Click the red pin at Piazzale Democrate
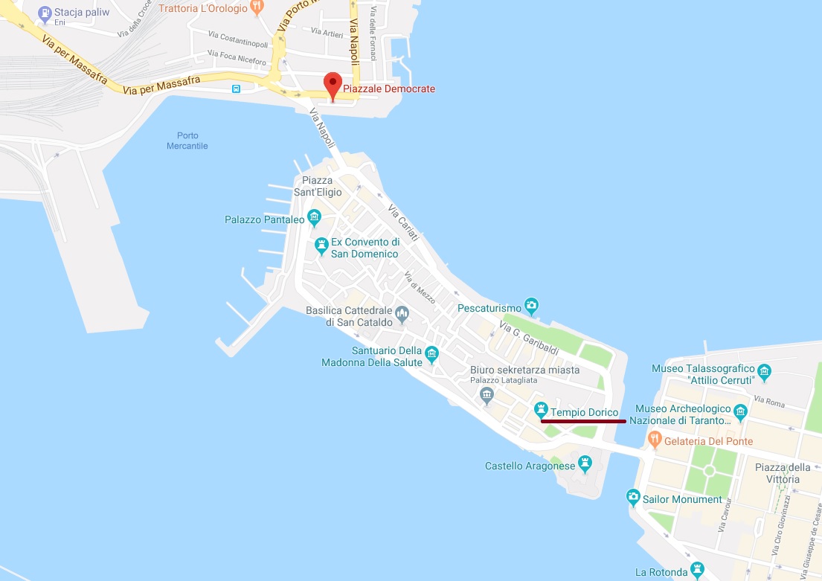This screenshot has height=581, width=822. pyautogui.click(x=332, y=83)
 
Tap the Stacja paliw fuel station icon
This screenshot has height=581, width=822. pyautogui.click(x=45, y=13)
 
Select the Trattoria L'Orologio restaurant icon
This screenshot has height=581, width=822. pyautogui.click(x=257, y=7)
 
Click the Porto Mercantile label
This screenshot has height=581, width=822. pyautogui.click(x=187, y=141)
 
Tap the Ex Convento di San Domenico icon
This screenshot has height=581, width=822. pyautogui.click(x=321, y=245)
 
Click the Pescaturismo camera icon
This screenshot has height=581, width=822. pyautogui.click(x=531, y=305)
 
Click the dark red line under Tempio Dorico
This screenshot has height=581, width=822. pyautogui.click(x=583, y=421)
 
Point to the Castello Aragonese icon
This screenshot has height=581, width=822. pyautogui.click(x=585, y=465)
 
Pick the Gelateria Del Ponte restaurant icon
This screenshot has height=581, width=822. pyautogui.click(x=655, y=440)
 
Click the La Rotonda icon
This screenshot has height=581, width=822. pyautogui.click(x=697, y=571)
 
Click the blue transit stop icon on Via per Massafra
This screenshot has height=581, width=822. pyautogui.click(x=236, y=89)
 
